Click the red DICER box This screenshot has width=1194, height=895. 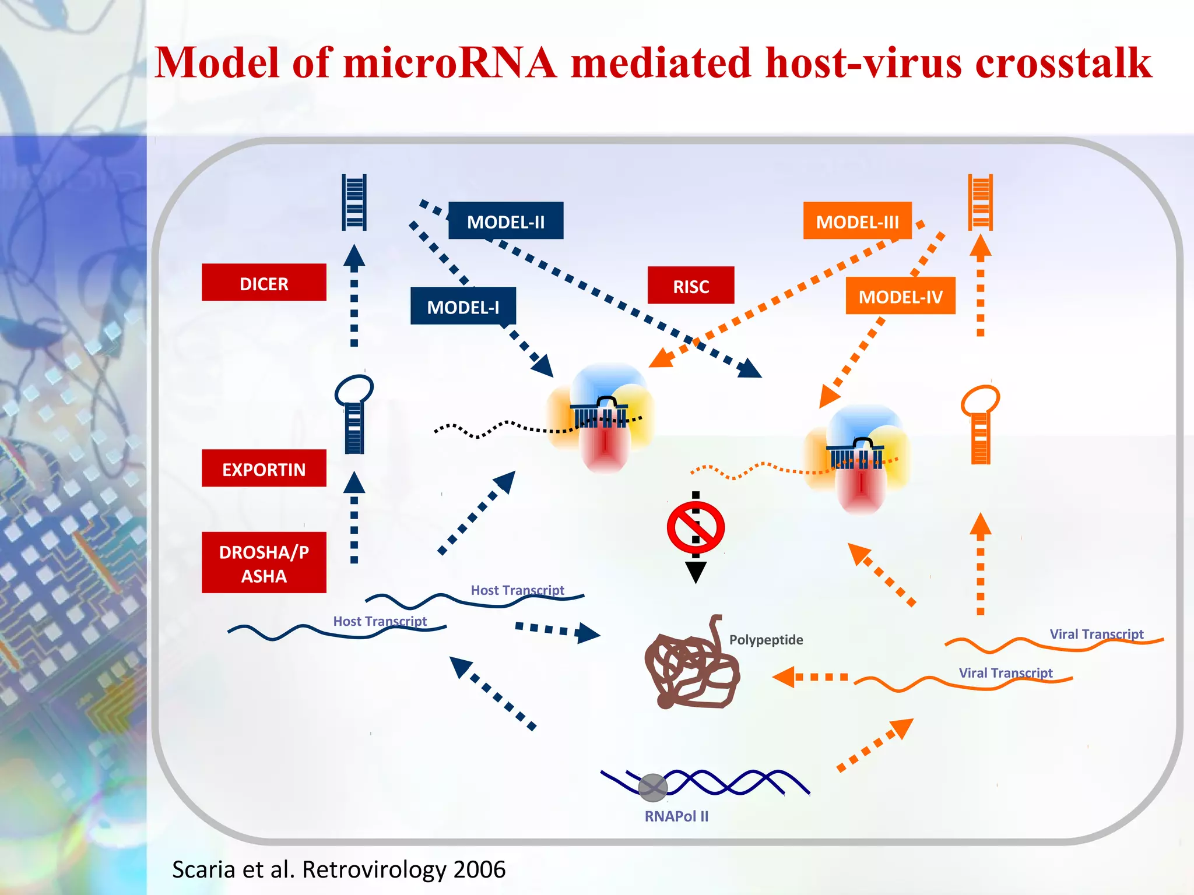[264, 283]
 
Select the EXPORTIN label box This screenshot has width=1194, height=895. [264, 468]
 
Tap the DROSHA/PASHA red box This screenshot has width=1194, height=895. [264, 563]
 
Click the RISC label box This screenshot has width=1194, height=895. [691, 286]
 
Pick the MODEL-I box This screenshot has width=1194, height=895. [463, 306]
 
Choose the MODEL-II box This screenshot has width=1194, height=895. [505, 221]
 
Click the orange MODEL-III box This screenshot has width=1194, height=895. [857, 221]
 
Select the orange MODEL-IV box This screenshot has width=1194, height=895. [900, 296]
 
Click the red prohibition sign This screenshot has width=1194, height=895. [696, 528]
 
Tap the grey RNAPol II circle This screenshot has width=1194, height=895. [652, 788]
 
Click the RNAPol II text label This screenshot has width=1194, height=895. [676, 816]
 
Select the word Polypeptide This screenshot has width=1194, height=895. [765, 640]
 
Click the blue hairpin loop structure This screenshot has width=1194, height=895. [354, 414]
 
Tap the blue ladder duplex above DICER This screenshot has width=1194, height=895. [354, 202]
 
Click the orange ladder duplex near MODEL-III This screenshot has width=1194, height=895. [980, 202]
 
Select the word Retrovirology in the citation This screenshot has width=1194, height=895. [374, 869]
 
